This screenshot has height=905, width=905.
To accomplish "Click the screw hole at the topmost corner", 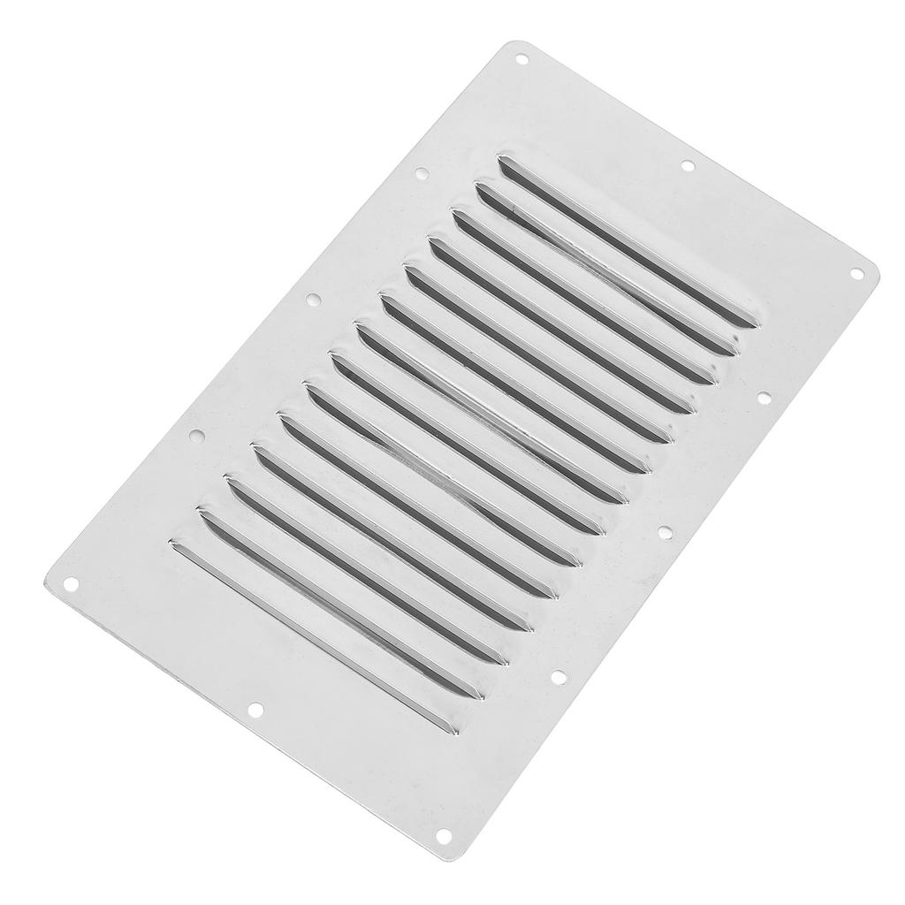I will (521, 60).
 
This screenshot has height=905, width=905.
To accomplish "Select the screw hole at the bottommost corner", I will (444, 835).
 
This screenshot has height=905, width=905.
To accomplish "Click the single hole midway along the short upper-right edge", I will (687, 166).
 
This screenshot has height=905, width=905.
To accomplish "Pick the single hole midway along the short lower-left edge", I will (255, 709).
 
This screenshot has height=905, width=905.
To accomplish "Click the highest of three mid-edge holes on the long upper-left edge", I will (422, 174).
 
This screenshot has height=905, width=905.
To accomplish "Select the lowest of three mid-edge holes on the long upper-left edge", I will (197, 436).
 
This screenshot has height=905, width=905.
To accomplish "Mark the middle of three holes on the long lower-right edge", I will (665, 533).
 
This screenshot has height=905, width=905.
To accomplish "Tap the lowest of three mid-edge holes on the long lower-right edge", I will (558, 678).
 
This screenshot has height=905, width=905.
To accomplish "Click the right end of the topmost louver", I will (749, 323).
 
